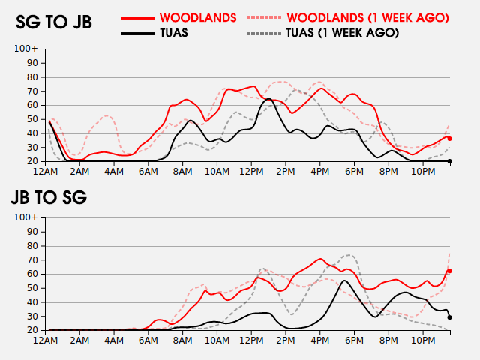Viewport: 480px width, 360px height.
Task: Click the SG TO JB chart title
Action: tap(53, 22)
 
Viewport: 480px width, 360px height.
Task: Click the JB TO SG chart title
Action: tap(49, 197)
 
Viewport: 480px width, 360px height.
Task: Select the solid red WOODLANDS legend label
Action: tap(198, 18)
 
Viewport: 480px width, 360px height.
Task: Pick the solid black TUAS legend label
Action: tap(174, 33)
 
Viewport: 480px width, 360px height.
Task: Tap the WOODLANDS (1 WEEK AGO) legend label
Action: tap(368, 18)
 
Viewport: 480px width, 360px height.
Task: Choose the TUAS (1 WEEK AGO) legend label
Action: tap(343, 33)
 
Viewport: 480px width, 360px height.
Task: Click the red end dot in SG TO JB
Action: tap(450, 139)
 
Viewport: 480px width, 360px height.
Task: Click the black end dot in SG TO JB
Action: tap(450, 161)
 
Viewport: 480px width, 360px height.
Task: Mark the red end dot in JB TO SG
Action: tap(450, 271)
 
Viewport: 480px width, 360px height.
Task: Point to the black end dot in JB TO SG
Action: tap(450, 317)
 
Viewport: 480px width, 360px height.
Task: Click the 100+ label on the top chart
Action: tap(26, 49)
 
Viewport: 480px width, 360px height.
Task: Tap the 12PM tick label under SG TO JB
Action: tap(251, 172)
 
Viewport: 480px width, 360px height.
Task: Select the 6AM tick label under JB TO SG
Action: tap(148, 340)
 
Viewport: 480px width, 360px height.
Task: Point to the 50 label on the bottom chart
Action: tap(33, 288)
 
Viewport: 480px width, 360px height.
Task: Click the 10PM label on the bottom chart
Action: tap(423, 340)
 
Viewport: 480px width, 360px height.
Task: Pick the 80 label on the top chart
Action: tap(33, 77)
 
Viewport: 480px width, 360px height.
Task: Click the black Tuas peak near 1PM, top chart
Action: tap(268, 98)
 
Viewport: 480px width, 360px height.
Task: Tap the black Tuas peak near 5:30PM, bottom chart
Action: tap(344, 280)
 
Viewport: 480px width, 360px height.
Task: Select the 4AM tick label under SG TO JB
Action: tap(114, 172)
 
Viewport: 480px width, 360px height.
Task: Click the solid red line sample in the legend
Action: tap(138, 18)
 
